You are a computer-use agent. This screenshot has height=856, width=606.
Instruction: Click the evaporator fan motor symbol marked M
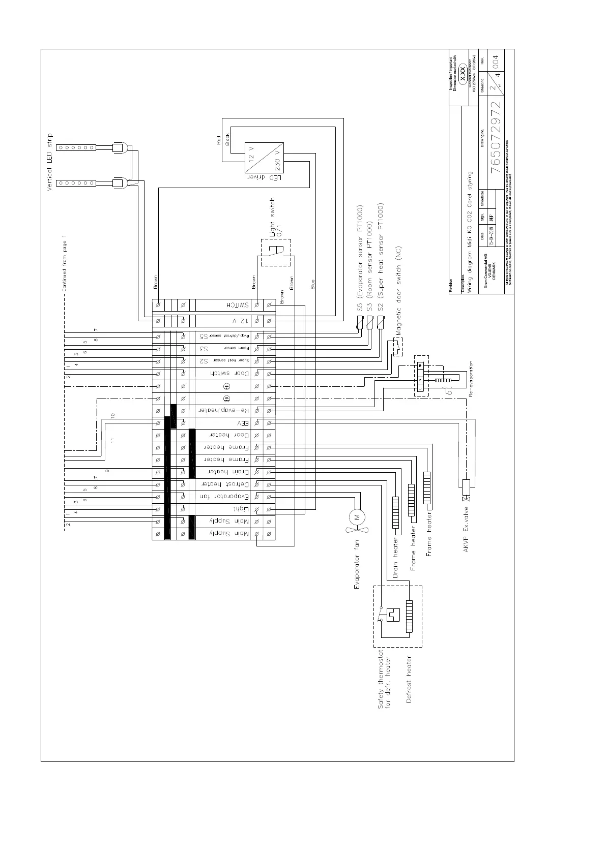pyautogui.click(x=357, y=517)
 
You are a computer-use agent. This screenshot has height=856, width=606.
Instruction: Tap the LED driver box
pyautogui.click(x=264, y=159)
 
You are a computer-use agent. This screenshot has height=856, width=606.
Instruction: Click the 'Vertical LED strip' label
pyautogui.click(x=50, y=163)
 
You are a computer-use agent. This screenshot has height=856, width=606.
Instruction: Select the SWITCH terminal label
pyautogui.click(x=237, y=305)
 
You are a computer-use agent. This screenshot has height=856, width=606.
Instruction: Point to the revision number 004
pyautogui.click(x=496, y=64)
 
